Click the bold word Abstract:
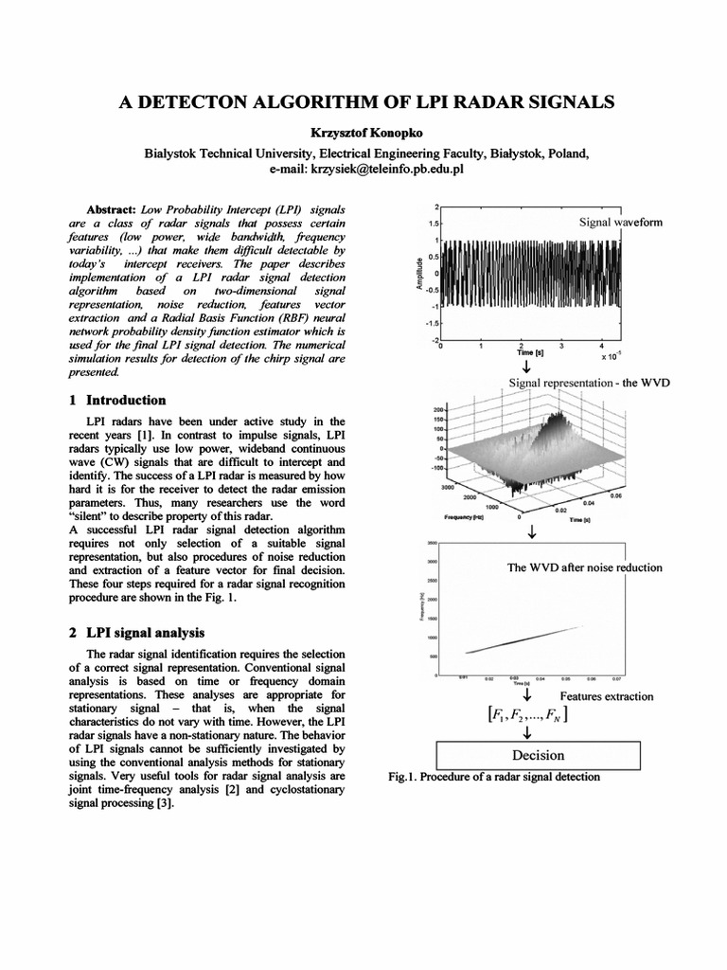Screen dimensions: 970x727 point(113,207)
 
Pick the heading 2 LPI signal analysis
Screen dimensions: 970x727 point(146,632)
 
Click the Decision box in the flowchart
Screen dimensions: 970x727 point(538,755)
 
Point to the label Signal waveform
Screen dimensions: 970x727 point(621,222)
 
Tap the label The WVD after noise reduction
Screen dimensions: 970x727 point(585,567)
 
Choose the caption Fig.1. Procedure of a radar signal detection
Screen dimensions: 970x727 point(494,777)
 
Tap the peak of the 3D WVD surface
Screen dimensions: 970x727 point(563,418)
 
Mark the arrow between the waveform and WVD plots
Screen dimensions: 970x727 point(526,367)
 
